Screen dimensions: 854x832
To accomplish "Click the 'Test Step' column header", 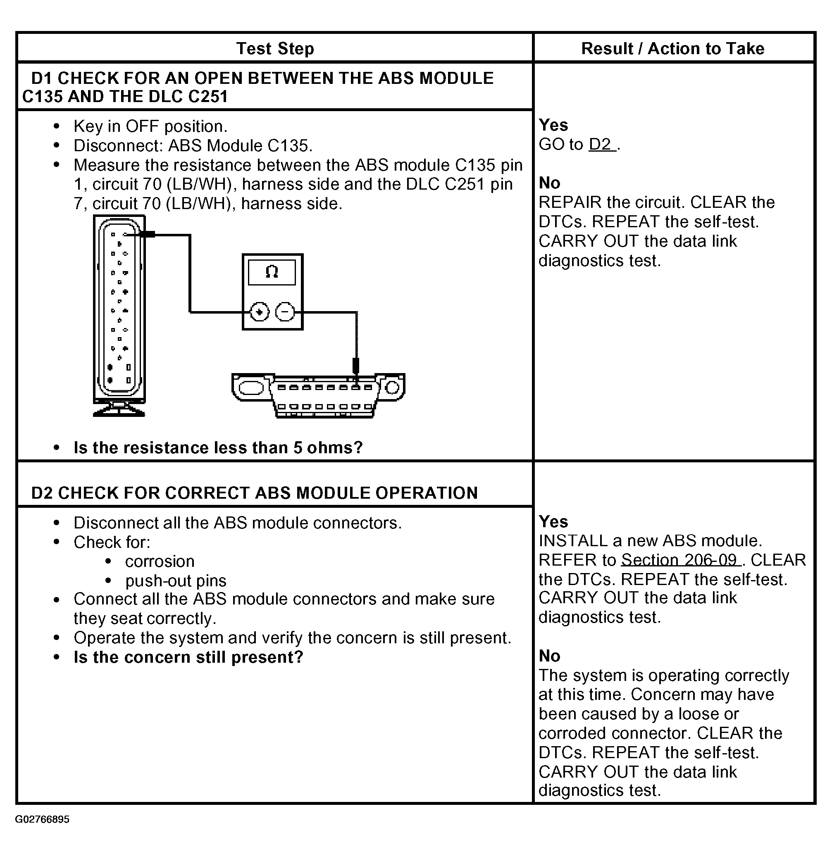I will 275,48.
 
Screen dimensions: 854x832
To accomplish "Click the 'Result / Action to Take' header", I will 672,48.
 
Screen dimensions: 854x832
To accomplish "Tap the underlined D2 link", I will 601,145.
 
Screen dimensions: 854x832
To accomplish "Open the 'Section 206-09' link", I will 679,560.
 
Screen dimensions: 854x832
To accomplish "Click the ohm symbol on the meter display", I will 272,272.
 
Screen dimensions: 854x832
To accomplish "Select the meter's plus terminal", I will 259,312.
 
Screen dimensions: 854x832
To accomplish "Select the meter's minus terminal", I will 285,312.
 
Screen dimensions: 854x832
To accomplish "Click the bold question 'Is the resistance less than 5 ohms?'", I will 218,448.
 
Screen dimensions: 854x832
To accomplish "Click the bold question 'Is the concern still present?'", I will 188,657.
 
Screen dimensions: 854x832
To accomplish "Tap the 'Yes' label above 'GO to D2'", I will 553,125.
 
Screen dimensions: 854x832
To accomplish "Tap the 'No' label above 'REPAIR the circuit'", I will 549,183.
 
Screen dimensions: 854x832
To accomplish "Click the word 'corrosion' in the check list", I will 160,562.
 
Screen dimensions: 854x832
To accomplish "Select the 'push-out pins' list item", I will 176,581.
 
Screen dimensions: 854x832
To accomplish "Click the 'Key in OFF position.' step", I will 150,127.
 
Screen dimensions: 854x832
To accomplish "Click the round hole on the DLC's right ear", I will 392,388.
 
